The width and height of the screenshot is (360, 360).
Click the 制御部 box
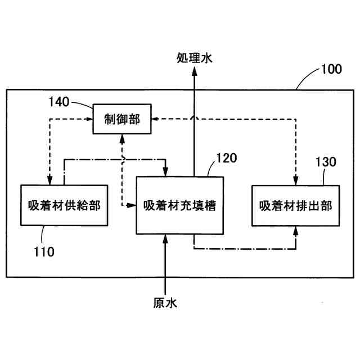pos(121,119)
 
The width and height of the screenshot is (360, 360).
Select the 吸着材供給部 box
pos(64,205)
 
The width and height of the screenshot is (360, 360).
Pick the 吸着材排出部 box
pos(296,205)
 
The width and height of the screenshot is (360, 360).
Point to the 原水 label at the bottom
pos(165,303)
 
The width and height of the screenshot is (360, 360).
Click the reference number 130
pos(325,163)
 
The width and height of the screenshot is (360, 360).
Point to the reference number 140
pos(58,102)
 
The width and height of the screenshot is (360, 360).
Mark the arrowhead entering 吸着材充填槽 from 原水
pos(165,238)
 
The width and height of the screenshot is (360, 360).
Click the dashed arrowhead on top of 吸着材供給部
pos(51,180)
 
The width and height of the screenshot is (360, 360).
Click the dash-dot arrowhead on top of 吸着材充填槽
pos(165,172)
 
